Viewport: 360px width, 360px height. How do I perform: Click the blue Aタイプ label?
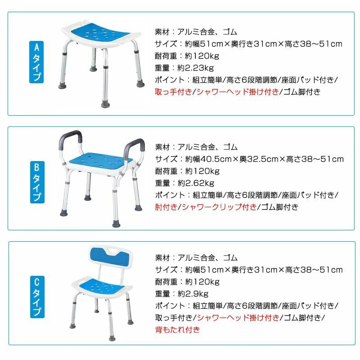[36, 62]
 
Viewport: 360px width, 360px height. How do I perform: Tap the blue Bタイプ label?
[37, 182]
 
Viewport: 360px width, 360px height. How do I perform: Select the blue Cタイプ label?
[37, 297]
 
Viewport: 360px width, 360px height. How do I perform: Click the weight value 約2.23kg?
[196, 68]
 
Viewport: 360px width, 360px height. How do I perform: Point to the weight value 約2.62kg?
[196, 183]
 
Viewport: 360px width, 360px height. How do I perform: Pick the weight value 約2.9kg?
[193, 294]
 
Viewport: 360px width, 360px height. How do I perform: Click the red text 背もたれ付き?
[177, 330]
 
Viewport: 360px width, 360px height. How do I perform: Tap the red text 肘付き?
[166, 207]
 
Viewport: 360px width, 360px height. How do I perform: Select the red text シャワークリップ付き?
[219, 207]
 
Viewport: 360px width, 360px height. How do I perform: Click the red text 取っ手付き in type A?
[173, 92]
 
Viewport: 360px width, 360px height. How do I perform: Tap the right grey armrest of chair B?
[135, 147]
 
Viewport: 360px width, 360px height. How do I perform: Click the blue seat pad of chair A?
[100, 35]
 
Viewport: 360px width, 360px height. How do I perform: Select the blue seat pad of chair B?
[100, 161]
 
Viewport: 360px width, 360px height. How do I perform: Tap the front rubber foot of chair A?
[106, 104]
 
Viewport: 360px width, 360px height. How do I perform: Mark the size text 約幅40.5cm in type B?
[208, 159]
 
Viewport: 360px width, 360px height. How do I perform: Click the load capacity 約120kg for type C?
[202, 282]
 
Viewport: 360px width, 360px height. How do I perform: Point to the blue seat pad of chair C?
[101, 286]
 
